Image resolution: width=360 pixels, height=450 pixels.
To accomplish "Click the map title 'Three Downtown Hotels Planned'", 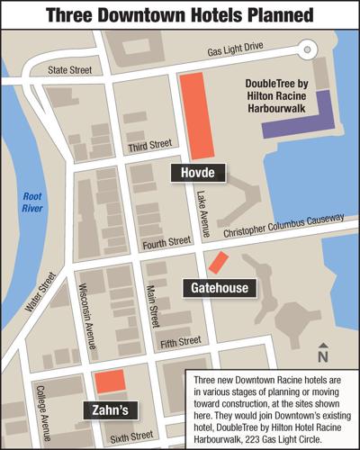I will coord(180,15).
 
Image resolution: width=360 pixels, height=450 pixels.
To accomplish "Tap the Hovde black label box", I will coord(197,172).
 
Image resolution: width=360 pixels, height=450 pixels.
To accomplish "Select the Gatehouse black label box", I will coord(220,288).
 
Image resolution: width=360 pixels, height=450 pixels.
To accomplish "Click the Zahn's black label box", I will coord(110,409).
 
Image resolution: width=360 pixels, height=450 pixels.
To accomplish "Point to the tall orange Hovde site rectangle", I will coord(199,116).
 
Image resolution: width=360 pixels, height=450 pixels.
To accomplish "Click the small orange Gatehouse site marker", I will coord(217,263).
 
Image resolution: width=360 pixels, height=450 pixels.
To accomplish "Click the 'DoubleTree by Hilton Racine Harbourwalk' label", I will coord(284,95).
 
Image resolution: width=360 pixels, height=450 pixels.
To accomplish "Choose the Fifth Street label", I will coord(178,342).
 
